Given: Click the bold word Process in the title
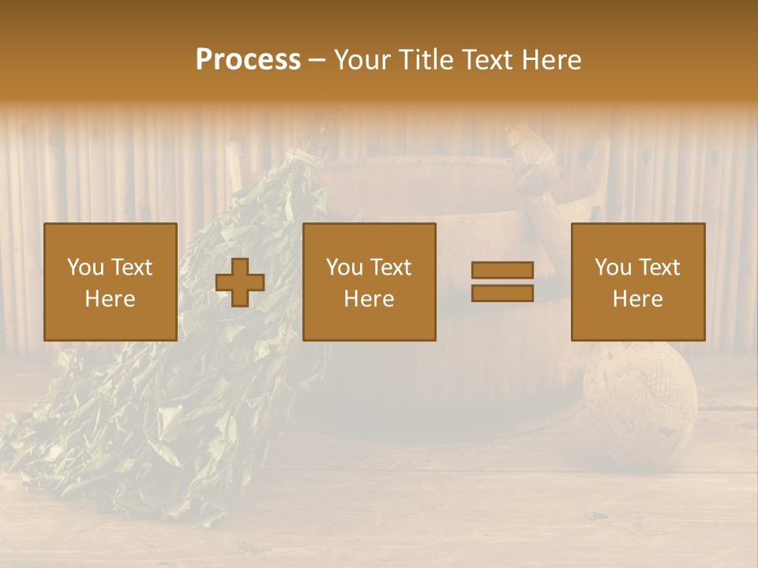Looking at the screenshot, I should [x=248, y=60].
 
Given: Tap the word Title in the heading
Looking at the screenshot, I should [x=426, y=60].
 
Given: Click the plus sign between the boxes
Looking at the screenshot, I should [x=240, y=282].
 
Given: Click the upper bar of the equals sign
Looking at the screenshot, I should [x=502, y=270].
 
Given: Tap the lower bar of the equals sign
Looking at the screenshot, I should [x=502, y=293].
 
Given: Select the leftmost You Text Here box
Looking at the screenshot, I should [x=111, y=282].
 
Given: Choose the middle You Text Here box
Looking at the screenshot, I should [x=369, y=282].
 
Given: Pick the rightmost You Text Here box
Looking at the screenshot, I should [x=637, y=282].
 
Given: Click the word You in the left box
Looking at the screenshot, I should [x=84, y=267].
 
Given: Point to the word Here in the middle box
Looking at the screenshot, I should [x=369, y=299].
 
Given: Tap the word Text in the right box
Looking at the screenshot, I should [x=659, y=267].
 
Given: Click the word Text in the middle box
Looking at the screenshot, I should [x=390, y=267].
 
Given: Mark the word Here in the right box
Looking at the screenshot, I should [x=637, y=299].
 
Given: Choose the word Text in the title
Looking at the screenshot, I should [x=484, y=60].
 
